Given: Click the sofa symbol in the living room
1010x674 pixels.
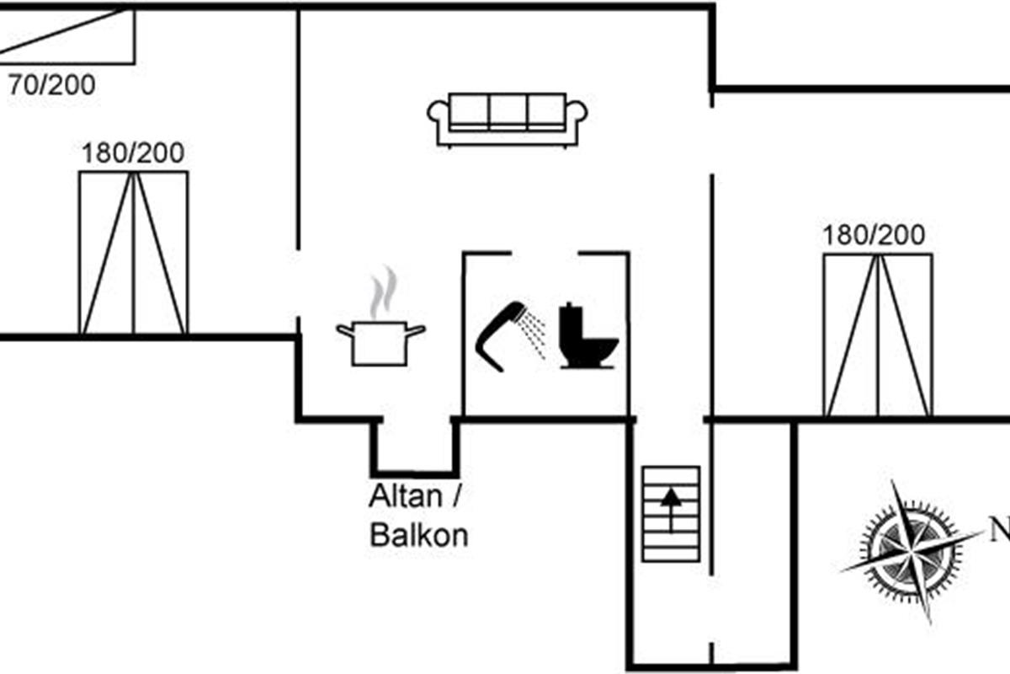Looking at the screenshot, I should [x=507, y=120].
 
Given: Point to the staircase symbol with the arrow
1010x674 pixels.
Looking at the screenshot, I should [x=671, y=513].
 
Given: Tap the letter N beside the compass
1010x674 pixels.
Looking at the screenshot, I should [x=999, y=532].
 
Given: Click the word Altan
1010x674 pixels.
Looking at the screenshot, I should [x=405, y=496].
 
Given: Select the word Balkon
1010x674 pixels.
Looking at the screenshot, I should [x=419, y=536].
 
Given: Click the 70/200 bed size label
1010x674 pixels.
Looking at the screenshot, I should [x=51, y=84].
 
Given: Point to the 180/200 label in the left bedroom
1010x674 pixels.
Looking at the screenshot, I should [x=133, y=153].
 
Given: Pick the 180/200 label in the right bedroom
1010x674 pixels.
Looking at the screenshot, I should [x=874, y=235].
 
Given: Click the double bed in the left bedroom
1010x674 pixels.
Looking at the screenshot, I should [x=133, y=252].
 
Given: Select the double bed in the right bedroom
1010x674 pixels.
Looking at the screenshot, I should [x=878, y=334].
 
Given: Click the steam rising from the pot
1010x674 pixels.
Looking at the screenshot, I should [x=384, y=290].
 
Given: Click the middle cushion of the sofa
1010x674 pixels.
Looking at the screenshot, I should [x=508, y=111].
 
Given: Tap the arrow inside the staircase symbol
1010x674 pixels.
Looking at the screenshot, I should [x=671, y=508].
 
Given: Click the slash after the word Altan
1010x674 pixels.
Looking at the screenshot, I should [x=457, y=496].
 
